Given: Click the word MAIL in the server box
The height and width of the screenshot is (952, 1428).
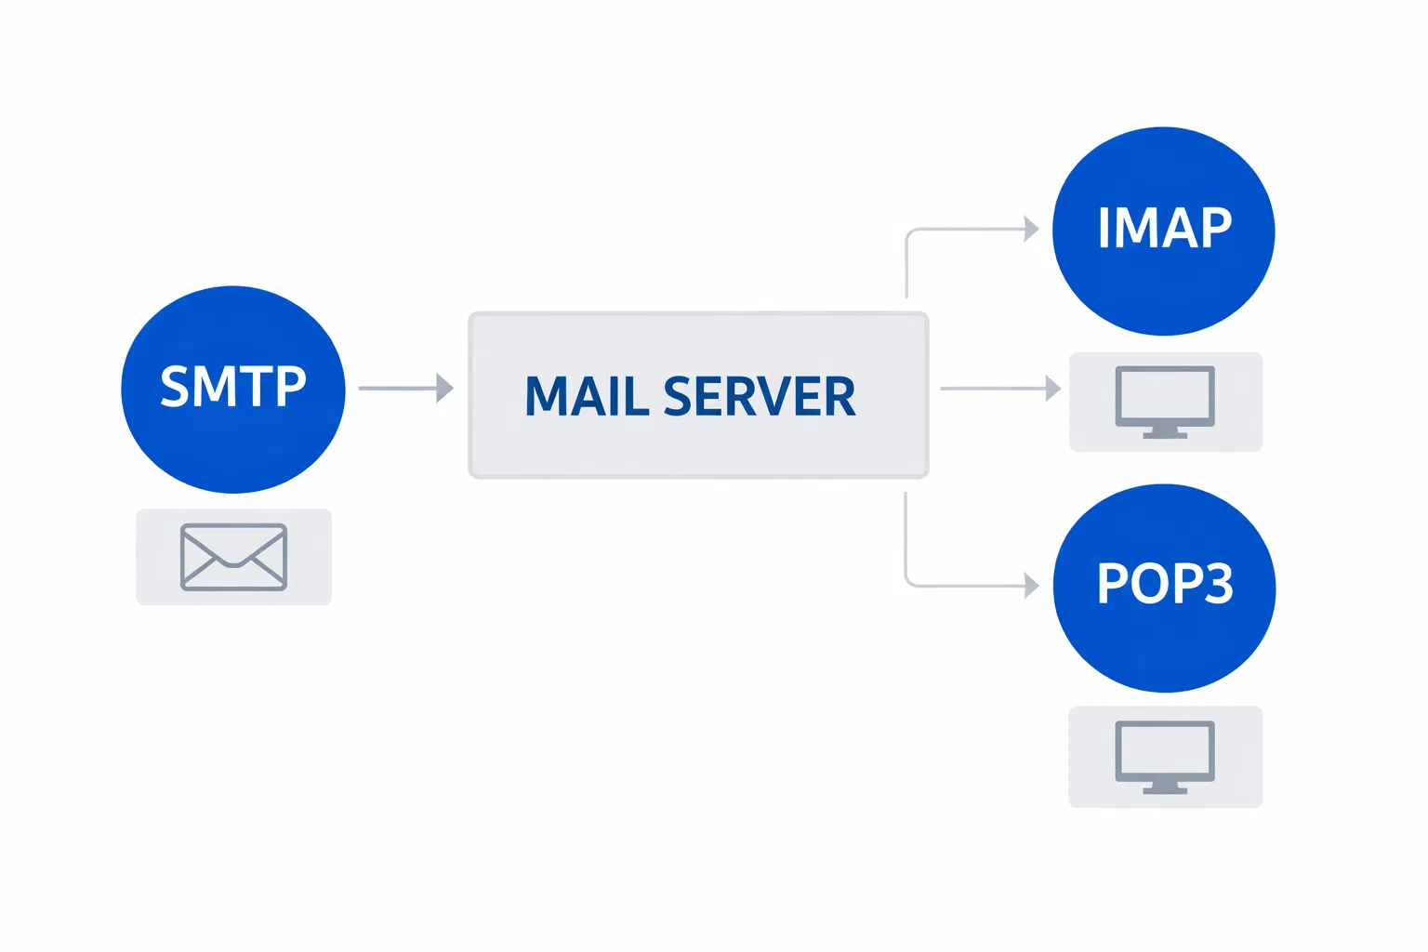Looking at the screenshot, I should pyautogui.click(x=587, y=396).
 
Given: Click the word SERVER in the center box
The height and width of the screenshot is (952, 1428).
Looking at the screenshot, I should pyautogui.click(x=759, y=396).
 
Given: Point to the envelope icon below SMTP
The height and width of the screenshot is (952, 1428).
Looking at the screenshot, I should pyautogui.click(x=233, y=557).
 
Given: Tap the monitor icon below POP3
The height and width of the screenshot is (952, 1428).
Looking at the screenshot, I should pyautogui.click(x=1165, y=753).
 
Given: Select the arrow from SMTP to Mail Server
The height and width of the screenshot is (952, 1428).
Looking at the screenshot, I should pyautogui.click(x=405, y=388).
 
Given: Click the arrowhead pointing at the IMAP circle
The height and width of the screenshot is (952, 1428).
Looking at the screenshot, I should pyautogui.click(x=1031, y=229).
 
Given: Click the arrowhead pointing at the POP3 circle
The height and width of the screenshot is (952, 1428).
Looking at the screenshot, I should pyautogui.click(x=1031, y=586).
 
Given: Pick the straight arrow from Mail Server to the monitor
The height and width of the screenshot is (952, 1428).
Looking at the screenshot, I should pyautogui.click(x=999, y=389).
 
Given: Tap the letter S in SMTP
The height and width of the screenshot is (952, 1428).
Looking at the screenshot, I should pyautogui.click(x=175, y=385).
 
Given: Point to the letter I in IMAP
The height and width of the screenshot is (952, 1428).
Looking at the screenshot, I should pyautogui.click(x=1104, y=227).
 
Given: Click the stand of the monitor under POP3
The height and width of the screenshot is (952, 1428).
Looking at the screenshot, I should pyautogui.click(x=1165, y=788).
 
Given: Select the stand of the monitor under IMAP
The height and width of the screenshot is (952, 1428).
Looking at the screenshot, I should pyautogui.click(x=1165, y=432).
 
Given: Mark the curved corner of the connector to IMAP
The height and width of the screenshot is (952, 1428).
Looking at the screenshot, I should pyautogui.click(x=910, y=233).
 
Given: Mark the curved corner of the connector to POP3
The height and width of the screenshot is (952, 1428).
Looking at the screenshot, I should pyautogui.click(x=910, y=582).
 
